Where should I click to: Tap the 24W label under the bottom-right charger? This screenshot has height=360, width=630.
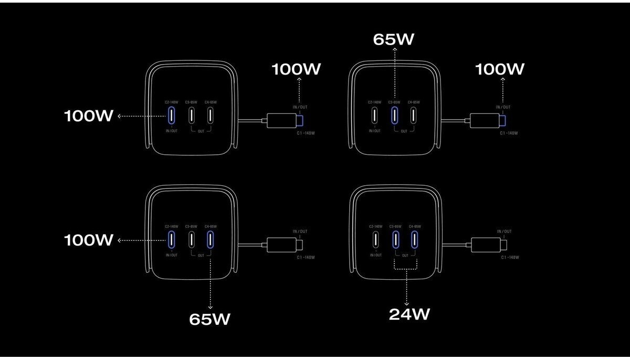409,314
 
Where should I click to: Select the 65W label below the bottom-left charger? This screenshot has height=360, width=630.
209,319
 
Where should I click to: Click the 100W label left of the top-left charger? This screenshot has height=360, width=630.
88,116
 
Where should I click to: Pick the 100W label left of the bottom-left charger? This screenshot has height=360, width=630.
88,240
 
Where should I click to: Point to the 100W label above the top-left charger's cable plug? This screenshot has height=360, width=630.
296,69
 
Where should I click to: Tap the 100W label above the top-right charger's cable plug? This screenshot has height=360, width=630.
500,69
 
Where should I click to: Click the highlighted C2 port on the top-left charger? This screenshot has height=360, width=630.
171,115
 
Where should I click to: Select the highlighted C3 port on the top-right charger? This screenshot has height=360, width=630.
394,115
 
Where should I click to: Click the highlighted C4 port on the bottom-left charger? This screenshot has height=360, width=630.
211,239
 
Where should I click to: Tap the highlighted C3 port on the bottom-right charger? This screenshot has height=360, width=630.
395,239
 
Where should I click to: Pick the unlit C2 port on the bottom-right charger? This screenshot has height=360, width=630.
375,239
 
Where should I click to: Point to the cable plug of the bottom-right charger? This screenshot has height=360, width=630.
488,245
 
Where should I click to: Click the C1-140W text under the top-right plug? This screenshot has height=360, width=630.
509,133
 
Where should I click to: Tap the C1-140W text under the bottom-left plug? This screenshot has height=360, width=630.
306,257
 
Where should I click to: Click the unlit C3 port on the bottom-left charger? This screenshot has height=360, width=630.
192,239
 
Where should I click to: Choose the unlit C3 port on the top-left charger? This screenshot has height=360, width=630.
192,115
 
